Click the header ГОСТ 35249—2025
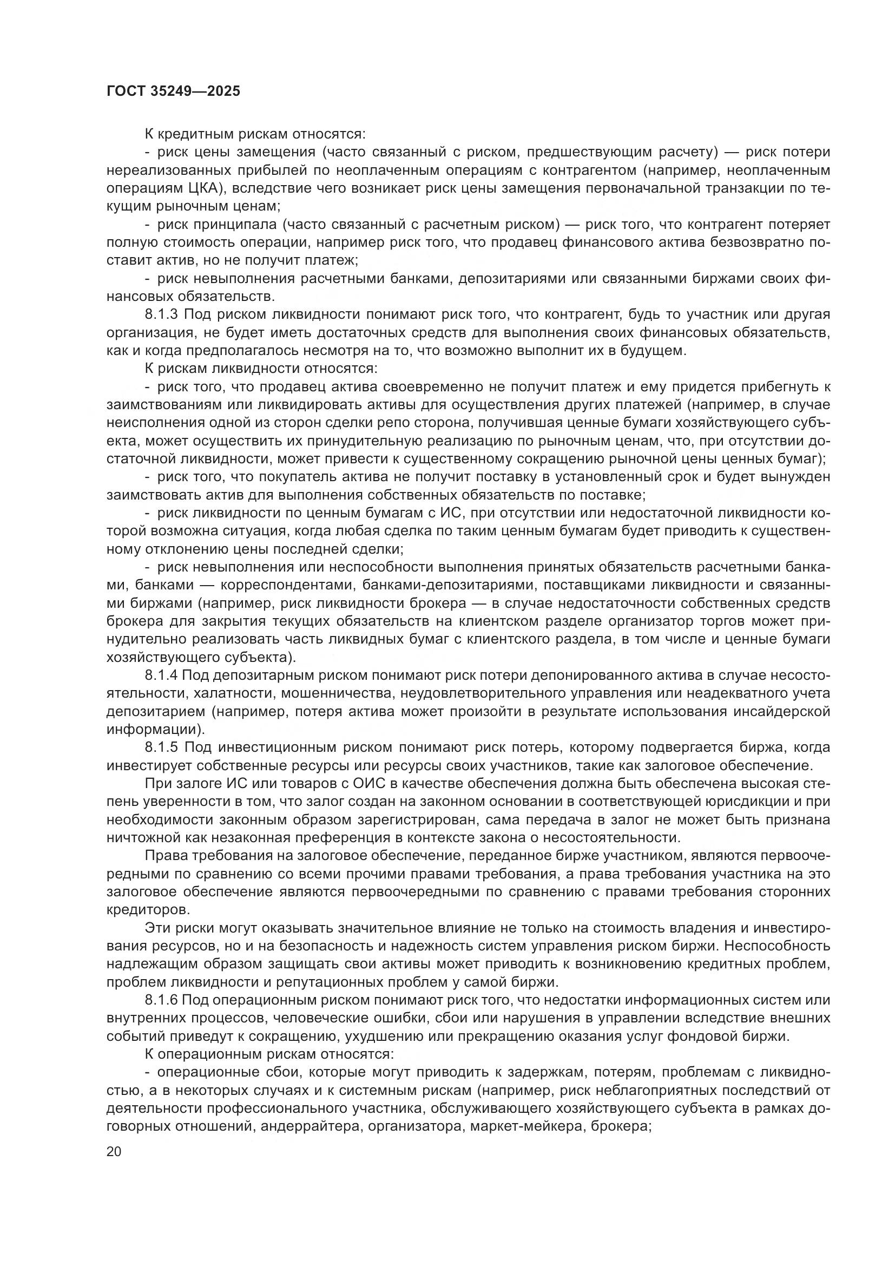tap(174, 91)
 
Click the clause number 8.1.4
tap(161, 675)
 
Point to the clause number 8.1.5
tap(161, 747)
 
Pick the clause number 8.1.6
tap(161, 1000)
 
